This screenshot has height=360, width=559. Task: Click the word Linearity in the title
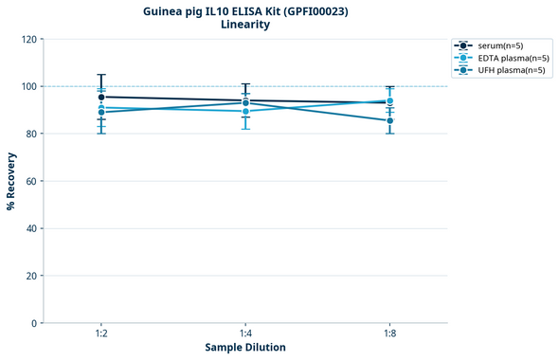244,25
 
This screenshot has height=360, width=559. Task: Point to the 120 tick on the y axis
29,39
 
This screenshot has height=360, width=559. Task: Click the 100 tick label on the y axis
29,86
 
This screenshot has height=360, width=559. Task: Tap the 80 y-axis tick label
32,134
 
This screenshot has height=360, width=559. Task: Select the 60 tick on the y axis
32,181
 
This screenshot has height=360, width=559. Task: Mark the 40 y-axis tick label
32,228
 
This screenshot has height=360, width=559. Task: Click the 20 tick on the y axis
32,276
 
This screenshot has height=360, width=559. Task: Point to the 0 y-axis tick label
35,323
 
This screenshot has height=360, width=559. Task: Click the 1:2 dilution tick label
101,334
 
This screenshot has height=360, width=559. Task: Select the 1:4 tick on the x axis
245,334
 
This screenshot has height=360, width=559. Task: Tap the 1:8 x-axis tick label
389,334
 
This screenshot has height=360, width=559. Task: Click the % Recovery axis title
11,180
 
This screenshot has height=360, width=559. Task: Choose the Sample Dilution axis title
245,348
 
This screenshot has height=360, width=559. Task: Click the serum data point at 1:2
101,97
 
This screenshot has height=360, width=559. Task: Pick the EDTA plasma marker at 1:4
245,111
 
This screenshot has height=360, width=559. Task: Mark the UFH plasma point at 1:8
389,120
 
